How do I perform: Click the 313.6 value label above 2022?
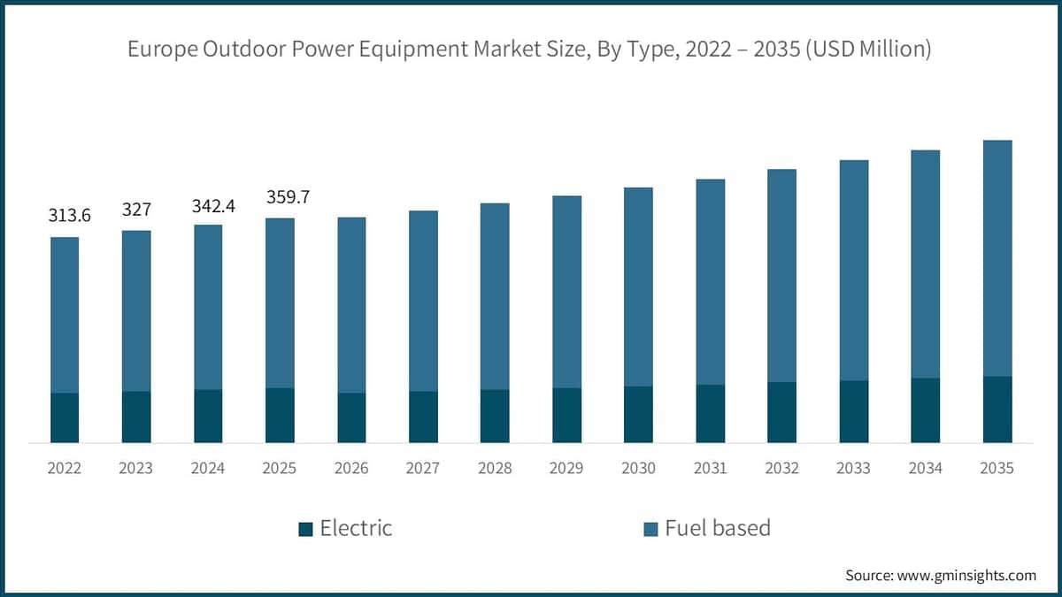point(70,217)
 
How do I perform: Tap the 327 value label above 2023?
point(136,210)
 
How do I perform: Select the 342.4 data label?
point(208,205)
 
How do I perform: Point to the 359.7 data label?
point(288,197)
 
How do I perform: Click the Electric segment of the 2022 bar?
point(65,417)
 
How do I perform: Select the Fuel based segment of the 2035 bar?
point(997,258)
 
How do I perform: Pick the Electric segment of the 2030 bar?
point(638,414)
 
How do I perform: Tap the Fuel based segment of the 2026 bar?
point(351,305)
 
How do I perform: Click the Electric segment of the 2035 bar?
point(997,409)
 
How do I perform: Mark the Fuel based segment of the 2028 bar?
point(495,296)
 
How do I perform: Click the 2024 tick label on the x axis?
point(208,468)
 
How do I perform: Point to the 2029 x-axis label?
point(566,468)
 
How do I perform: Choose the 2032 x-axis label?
point(781,468)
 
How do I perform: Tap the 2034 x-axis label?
point(925,468)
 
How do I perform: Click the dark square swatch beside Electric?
point(305,529)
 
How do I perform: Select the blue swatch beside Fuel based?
point(650,529)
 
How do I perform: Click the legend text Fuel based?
point(718,528)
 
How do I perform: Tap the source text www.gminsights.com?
point(967,575)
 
